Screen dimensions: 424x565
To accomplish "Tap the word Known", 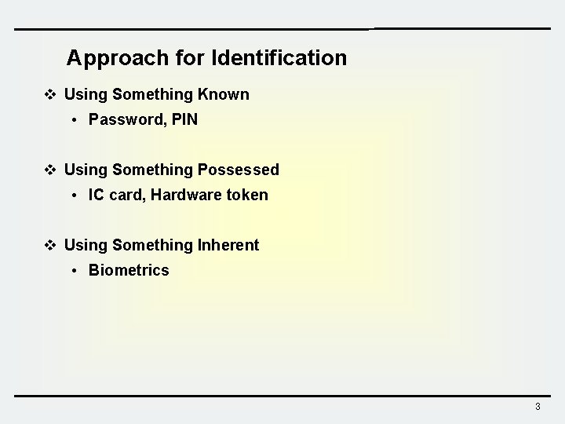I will click(224, 95).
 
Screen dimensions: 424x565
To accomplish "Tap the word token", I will click(246, 196).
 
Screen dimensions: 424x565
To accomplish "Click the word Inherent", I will click(228, 246).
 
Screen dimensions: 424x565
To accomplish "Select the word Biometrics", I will click(129, 271).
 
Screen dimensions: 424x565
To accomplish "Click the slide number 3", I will click(538, 407).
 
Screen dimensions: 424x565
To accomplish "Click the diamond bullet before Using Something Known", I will click(50, 95).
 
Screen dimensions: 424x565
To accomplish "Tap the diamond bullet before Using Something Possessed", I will click(50, 170).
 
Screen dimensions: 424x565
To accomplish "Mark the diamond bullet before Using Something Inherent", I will click(50, 246).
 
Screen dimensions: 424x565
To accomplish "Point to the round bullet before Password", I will click(73, 121).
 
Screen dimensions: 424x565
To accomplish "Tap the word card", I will click(126, 196).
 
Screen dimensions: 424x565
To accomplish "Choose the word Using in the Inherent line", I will click(86, 246).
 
